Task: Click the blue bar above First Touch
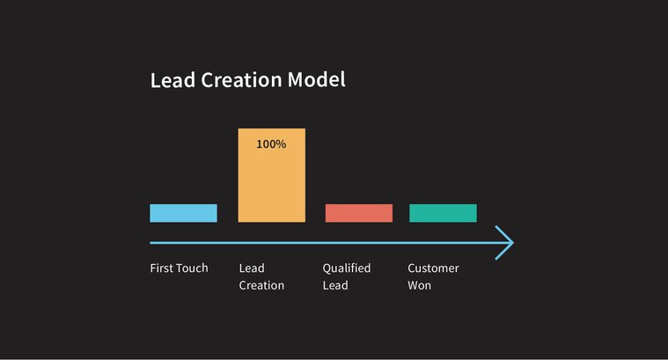[x=183, y=213]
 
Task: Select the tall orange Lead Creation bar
[x=271, y=180]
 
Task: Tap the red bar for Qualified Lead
[x=358, y=213]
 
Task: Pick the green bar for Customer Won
[x=443, y=213]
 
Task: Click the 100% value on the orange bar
[x=271, y=143]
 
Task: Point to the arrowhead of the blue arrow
[x=505, y=243]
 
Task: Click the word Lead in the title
[x=173, y=80]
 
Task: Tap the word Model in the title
[x=317, y=80]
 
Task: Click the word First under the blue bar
[x=162, y=268]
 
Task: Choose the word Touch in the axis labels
[x=193, y=268]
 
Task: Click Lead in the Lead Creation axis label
[x=252, y=268]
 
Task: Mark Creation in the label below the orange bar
[x=261, y=285]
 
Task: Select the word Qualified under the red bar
[x=347, y=268]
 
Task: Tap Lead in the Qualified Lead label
[x=335, y=285]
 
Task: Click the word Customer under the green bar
[x=433, y=268]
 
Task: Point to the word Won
[x=420, y=285]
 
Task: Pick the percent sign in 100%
[x=281, y=143]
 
